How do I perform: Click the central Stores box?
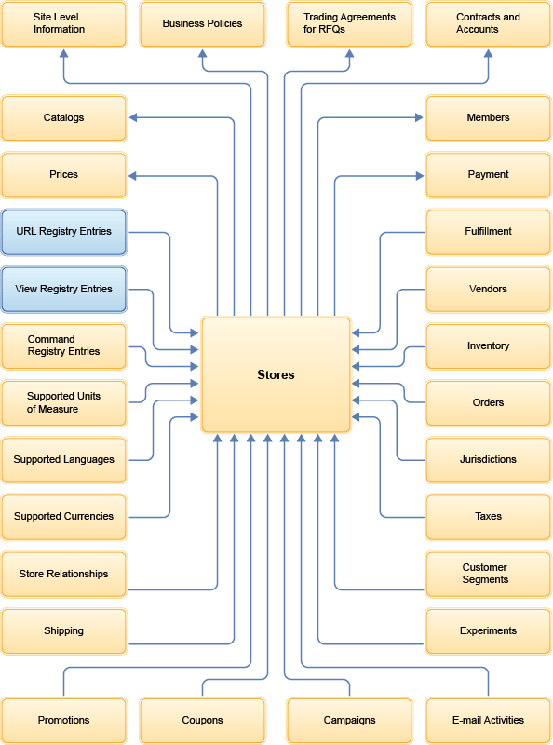276,375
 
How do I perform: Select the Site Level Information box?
63,24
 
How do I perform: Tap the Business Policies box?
202,24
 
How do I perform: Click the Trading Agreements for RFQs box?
349,24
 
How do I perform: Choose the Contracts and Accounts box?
488,24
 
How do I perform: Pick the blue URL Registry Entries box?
63,232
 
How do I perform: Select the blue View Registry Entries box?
63,289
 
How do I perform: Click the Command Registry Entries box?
63,345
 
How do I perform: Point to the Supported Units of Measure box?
63,402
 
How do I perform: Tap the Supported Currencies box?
63,516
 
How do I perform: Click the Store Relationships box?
63,574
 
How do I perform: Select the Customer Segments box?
488,574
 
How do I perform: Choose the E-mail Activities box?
488,720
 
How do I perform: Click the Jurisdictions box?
488,459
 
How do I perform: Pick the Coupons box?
202,720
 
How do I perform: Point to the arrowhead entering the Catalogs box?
133,117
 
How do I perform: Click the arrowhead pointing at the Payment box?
419,175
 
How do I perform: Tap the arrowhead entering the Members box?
419,117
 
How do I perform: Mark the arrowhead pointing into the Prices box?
133,175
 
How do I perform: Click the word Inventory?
488,345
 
